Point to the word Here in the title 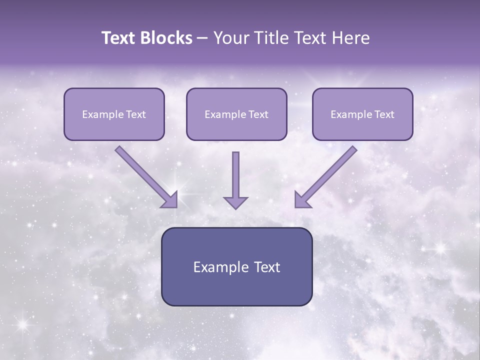pyautogui.click(x=350, y=38)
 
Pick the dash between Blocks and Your pyautogui.click(x=202, y=38)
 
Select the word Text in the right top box pyautogui.click(x=384, y=114)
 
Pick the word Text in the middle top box pyautogui.click(x=258, y=114)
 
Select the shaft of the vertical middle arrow pyautogui.click(x=235, y=172)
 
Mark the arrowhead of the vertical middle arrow pyautogui.click(x=235, y=202)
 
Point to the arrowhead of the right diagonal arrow pyautogui.click(x=302, y=200)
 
